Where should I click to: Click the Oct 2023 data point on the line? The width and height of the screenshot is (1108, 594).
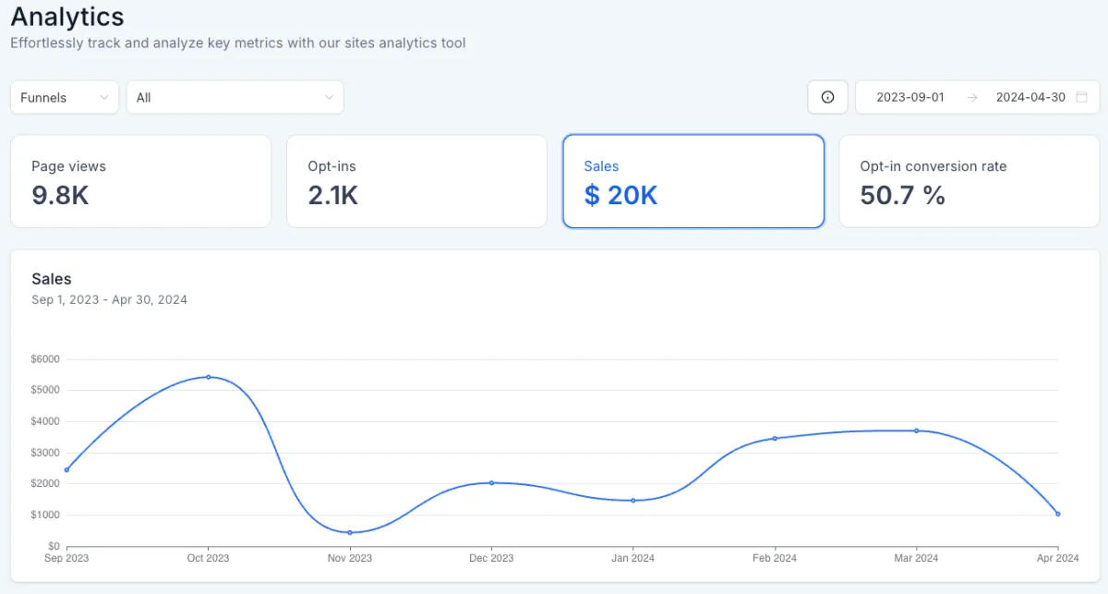tap(209, 377)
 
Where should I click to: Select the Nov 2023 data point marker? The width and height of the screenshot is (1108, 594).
tap(350, 532)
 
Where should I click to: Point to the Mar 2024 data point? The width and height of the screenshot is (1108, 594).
tap(917, 430)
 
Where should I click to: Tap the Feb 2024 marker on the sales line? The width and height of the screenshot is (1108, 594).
tap(775, 438)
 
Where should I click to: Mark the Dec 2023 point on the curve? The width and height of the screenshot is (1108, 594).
tap(491, 482)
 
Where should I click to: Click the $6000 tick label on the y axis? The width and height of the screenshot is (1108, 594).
tap(45, 358)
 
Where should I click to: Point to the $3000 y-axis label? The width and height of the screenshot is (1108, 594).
tap(45, 453)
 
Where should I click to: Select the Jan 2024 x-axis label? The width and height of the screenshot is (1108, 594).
tap(632, 558)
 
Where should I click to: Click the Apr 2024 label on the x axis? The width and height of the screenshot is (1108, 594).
tap(1057, 558)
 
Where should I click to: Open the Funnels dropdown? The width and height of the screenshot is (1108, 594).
tap(65, 97)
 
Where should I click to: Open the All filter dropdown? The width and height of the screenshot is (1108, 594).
tap(235, 97)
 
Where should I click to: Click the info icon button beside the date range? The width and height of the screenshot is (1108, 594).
tap(827, 97)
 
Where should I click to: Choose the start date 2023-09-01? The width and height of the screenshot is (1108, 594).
tap(910, 97)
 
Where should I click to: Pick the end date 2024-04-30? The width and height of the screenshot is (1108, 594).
tap(1030, 97)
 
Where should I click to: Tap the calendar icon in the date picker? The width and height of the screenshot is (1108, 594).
tap(1082, 97)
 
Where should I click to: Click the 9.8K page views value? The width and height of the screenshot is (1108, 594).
tap(60, 195)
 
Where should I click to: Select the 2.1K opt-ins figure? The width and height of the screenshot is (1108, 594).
tap(332, 195)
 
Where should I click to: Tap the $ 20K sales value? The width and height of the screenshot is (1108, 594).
tap(620, 195)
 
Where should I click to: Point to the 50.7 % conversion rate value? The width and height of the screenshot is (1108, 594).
tap(902, 195)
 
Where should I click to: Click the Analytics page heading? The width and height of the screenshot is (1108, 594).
tap(67, 17)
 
